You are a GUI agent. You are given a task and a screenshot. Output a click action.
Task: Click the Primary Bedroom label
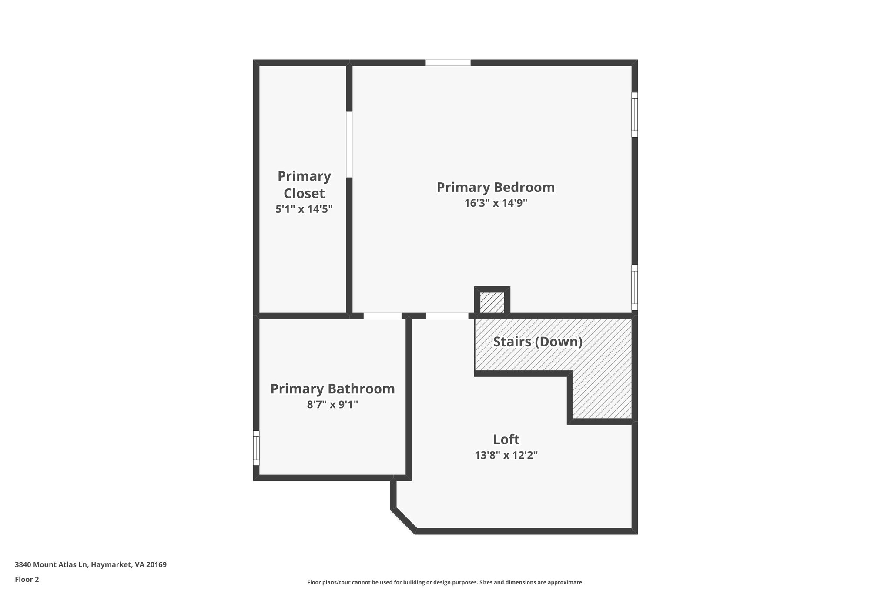tap(496, 188)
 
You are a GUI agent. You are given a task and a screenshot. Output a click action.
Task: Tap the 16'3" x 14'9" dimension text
tap(496, 203)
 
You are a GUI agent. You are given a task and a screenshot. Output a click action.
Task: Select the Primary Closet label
tap(304, 185)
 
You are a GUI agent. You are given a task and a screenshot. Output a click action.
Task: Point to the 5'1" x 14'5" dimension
tap(304, 209)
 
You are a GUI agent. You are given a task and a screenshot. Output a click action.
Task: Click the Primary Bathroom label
tap(332, 389)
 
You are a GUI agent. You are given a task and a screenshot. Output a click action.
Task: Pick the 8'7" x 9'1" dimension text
tap(332, 405)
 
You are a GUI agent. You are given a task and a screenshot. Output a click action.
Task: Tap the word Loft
tap(506, 439)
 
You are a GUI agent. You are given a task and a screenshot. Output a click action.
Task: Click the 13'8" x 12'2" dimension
tap(506, 455)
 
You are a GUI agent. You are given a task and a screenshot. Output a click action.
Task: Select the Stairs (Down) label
tap(538, 342)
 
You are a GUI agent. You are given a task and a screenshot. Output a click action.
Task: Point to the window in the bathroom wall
tap(256, 448)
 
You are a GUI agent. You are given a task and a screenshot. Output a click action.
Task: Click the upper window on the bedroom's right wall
tap(635, 114)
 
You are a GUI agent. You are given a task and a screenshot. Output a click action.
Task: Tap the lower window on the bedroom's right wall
tap(635, 287)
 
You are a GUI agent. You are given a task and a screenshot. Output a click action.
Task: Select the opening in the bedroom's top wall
tap(448, 63)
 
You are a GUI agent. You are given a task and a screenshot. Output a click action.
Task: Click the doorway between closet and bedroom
tap(349, 144)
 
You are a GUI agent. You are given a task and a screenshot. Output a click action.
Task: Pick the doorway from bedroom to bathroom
tap(382, 316)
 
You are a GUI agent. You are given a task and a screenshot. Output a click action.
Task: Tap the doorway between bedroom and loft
tap(447, 316)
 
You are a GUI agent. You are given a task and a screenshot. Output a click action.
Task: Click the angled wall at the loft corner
tap(404, 520)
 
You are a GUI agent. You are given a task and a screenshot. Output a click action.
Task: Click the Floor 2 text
tap(27, 579)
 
